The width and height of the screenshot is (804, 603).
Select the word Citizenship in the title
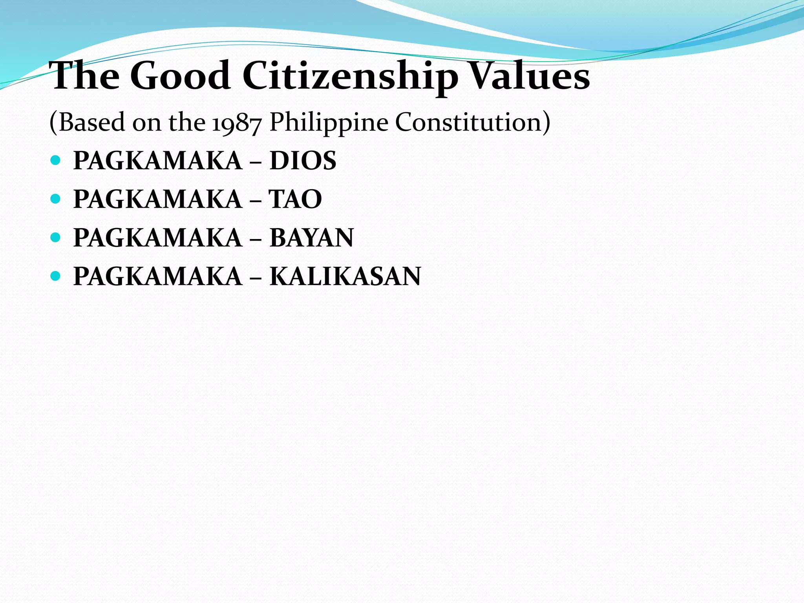tap(350, 76)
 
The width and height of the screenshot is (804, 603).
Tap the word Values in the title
tap(530, 75)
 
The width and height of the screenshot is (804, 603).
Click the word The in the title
tap(84, 75)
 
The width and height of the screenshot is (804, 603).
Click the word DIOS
tap(303, 161)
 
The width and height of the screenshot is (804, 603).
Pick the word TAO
tap(295, 199)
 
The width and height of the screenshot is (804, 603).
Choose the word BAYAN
tap(312, 238)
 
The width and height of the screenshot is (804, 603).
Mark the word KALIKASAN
tap(345, 276)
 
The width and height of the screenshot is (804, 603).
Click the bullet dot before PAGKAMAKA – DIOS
tap(55, 160)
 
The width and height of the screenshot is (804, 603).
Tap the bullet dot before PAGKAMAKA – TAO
tap(55, 199)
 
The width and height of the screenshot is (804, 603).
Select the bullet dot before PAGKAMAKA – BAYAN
tap(55, 238)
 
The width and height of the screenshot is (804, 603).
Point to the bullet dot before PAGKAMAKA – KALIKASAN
tap(55, 276)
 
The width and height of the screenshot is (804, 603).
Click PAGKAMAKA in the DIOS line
tap(158, 161)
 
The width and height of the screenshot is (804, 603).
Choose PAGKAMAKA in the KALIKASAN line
tap(158, 276)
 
